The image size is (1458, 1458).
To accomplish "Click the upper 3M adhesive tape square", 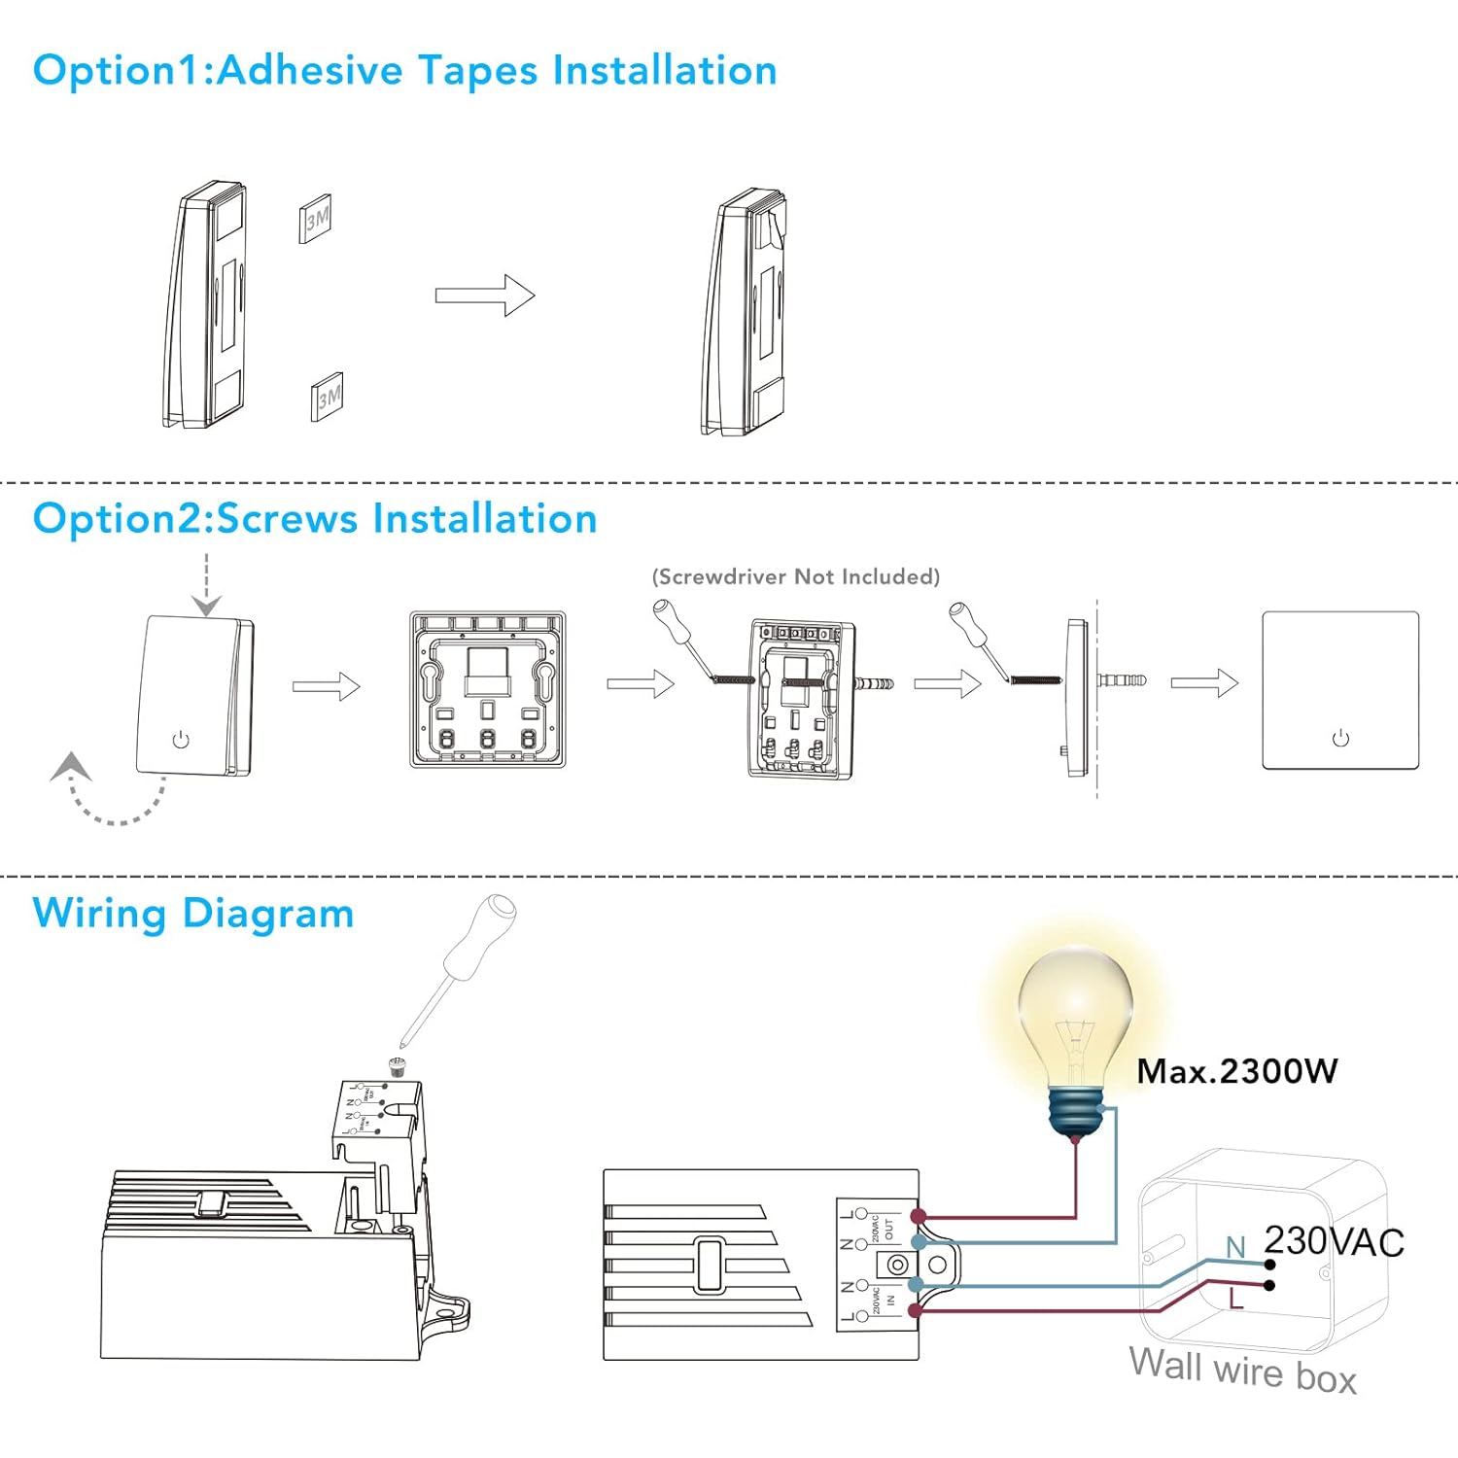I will [316, 218].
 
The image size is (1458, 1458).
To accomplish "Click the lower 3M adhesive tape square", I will [328, 396].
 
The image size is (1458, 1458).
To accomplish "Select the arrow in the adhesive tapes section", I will [485, 295].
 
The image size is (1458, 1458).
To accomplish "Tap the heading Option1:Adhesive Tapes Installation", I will [404, 71].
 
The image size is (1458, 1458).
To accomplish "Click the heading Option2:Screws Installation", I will [315, 519].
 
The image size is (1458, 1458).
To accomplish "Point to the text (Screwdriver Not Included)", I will [795, 576].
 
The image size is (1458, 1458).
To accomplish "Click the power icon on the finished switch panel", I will [1340, 739].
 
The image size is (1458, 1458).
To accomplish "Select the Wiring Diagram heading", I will [192, 914].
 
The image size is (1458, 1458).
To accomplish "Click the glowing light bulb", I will [1076, 1030].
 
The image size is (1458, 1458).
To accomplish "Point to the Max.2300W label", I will [1237, 1071].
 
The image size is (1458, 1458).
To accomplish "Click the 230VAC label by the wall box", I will [1334, 1242].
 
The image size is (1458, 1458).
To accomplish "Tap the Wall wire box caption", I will [1242, 1371].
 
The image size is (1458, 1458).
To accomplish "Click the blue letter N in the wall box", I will [1235, 1247].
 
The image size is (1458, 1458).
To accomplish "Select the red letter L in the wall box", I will [1236, 1299].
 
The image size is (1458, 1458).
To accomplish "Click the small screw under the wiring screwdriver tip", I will [397, 1064].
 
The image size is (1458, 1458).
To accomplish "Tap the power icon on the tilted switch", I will [181, 740].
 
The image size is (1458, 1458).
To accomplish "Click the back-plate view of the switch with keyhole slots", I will [488, 690].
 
